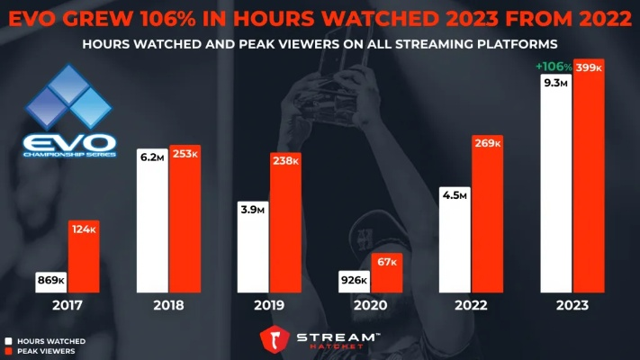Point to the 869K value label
point(50,281)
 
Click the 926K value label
point(353,281)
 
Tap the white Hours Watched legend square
point(7,341)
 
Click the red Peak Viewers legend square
point(7,351)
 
